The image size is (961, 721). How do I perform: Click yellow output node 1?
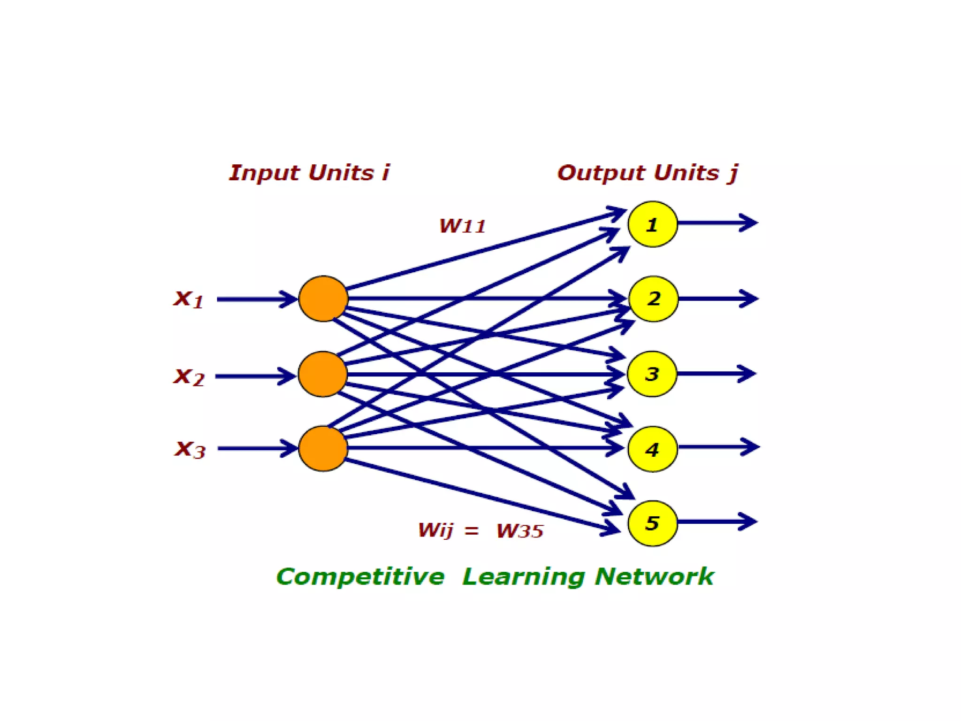coord(652,224)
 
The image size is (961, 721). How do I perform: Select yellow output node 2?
coord(653,299)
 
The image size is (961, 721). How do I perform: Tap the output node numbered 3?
coord(652,374)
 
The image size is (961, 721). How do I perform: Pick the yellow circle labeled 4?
coord(652,449)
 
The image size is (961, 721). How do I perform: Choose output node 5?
coord(652,523)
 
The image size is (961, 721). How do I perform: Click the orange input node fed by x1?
coord(323,299)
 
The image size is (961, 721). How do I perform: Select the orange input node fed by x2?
coord(322,374)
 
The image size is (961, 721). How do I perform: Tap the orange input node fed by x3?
coord(323,448)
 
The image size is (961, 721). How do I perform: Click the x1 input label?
coord(189,299)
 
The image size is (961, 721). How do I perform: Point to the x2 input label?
coord(189,376)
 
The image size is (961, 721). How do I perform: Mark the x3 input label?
coord(190,449)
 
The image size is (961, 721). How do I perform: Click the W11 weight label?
coord(462,226)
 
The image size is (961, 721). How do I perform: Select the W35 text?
coord(520,531)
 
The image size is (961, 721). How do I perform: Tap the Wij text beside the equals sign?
coord(435,530)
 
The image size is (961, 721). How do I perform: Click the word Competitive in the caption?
coord(360,577)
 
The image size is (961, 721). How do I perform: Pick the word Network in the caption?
coord(654,576)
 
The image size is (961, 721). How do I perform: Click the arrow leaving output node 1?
coord(718,222)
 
